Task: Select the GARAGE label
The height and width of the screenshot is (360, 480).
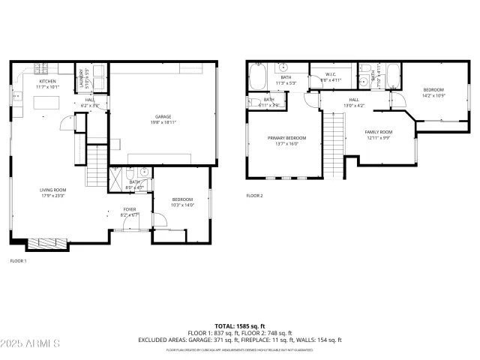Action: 163,116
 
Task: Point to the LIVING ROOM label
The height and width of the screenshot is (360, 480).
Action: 53,190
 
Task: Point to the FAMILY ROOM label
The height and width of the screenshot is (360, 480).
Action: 379,132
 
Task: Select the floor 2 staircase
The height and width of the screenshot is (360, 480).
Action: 332,144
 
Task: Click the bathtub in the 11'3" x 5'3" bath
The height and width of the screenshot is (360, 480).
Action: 259,77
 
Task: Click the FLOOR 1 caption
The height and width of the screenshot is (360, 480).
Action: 18,261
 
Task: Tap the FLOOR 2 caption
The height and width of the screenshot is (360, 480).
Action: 255,196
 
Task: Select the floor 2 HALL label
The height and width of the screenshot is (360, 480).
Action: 354,100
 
